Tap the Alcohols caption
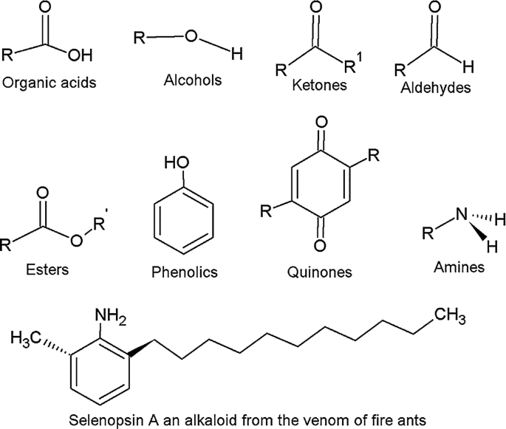[x=193, y=80]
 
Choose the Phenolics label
[x=184, y=272]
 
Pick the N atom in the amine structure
[x=462, y=216]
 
